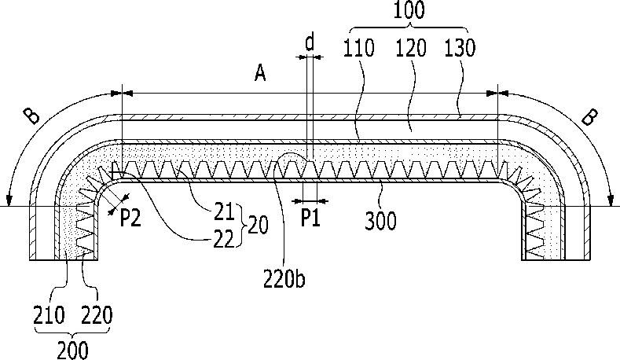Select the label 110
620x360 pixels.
point(361,49)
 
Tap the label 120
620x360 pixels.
point(410,49)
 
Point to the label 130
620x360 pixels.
point(459,49)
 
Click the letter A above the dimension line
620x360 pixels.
point(260,75)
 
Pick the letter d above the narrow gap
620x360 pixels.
point(310,42)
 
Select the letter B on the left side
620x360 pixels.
point(32,116)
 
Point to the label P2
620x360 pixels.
point(130,218)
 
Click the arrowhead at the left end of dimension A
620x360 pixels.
point(127,93)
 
